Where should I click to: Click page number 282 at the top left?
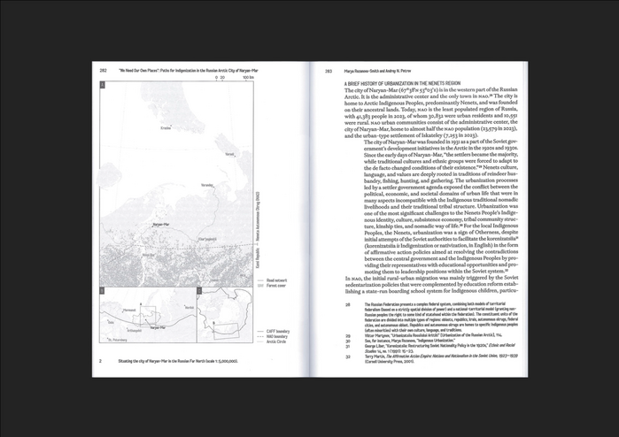coord(103,70)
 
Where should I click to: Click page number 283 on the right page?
coord(328,71)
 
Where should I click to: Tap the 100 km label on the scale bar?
coord(249,79)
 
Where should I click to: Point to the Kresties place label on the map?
coord(165,128)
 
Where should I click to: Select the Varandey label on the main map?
coord(208,185)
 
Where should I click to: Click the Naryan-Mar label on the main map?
coord(160,225)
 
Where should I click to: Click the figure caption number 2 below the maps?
coord(100,361)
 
